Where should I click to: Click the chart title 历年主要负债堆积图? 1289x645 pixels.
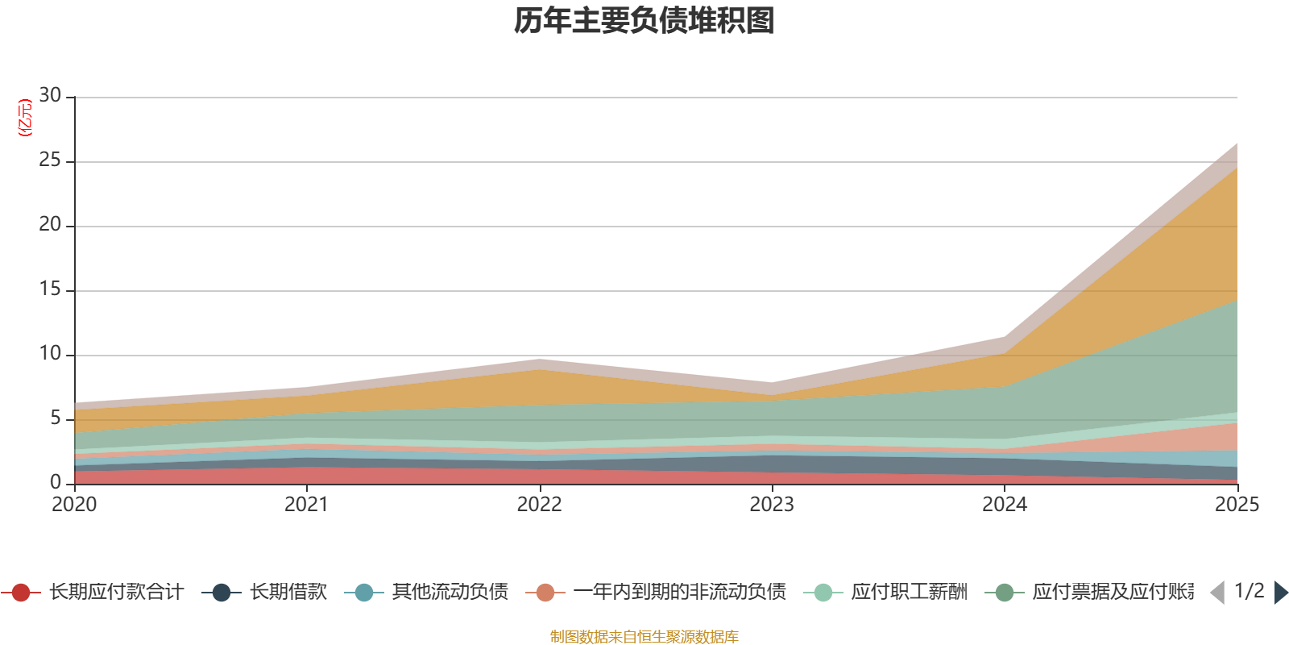pos(644,21)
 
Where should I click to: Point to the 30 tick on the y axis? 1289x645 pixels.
pos(50,96)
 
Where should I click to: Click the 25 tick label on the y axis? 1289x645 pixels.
pos(50,160)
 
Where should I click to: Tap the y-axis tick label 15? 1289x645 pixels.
pos(50,289)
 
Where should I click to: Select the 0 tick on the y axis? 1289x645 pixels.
pos(56,482)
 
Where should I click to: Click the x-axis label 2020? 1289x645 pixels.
pos(74,505)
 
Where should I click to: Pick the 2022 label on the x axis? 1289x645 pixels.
pos(539,505)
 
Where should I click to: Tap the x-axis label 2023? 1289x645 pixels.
pos(772,505)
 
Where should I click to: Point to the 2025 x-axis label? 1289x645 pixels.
pos(1237,505)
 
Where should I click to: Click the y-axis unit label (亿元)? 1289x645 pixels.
pos(25,118)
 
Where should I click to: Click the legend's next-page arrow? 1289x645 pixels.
pos(1281,593)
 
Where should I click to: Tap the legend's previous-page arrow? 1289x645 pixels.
pos(1217,593)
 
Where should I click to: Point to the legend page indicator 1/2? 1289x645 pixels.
pos(1249,591)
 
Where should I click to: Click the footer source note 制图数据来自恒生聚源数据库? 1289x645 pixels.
pos(644,637)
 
